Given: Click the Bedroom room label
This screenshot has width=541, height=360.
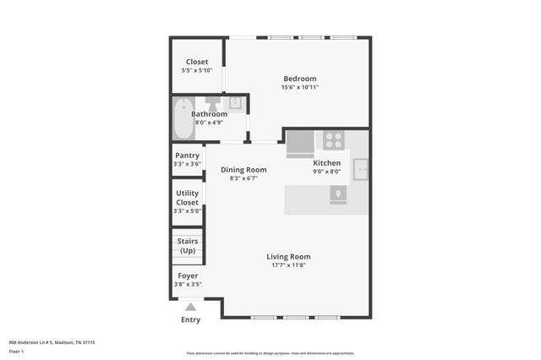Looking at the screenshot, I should coord(300,79).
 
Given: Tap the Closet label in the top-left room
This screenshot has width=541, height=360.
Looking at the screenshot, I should coord(197,62).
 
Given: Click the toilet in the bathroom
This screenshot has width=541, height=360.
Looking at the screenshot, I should coord(211,103).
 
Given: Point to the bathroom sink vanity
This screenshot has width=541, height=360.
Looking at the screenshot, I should coord(234,103).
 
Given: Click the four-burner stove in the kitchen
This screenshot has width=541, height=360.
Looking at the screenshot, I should coord(333,139).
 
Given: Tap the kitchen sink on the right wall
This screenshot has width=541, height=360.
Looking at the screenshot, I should coord(361,169).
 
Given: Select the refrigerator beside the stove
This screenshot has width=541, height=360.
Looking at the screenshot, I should coord(298,145).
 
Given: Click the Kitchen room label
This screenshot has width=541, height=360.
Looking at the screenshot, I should coord(327,163).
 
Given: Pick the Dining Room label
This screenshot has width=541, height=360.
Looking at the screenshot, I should coord(243,170).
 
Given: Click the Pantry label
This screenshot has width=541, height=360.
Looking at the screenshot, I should coord(187,155).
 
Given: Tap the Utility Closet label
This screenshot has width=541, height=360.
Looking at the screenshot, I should coord(187,198).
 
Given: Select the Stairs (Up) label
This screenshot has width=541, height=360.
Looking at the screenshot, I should coord(187,246).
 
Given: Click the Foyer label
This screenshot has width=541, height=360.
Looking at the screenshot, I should coord(187,275).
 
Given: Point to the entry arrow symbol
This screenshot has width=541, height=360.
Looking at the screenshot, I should coord(191,308).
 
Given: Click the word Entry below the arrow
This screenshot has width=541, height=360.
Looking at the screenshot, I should coord(191,320).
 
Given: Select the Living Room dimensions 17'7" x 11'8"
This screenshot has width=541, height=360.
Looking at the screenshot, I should coord(288,265).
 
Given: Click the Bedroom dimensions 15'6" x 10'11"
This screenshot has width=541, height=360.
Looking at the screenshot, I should coord(300,87).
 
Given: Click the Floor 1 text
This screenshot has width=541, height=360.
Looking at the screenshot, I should coord(17,350).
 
